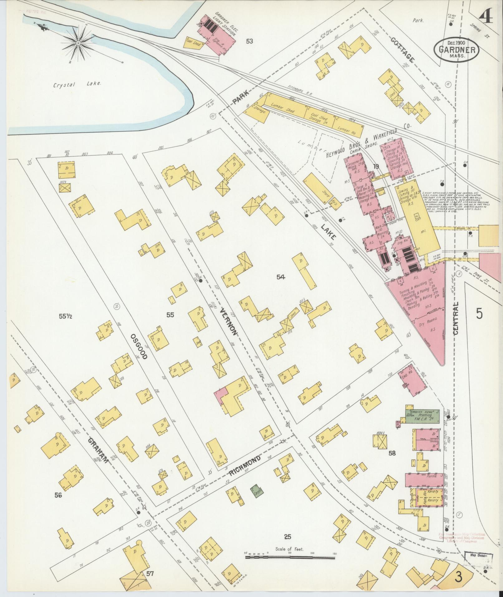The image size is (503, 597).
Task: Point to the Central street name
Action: pyautogui.click(x=456, y=319)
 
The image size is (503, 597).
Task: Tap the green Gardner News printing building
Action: pyautogui.click(x=422, y=416)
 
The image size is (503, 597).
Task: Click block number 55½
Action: pyautogui.click(x=66, y=316)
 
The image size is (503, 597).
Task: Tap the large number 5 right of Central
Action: pyautogui.click(x=479, y=313)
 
